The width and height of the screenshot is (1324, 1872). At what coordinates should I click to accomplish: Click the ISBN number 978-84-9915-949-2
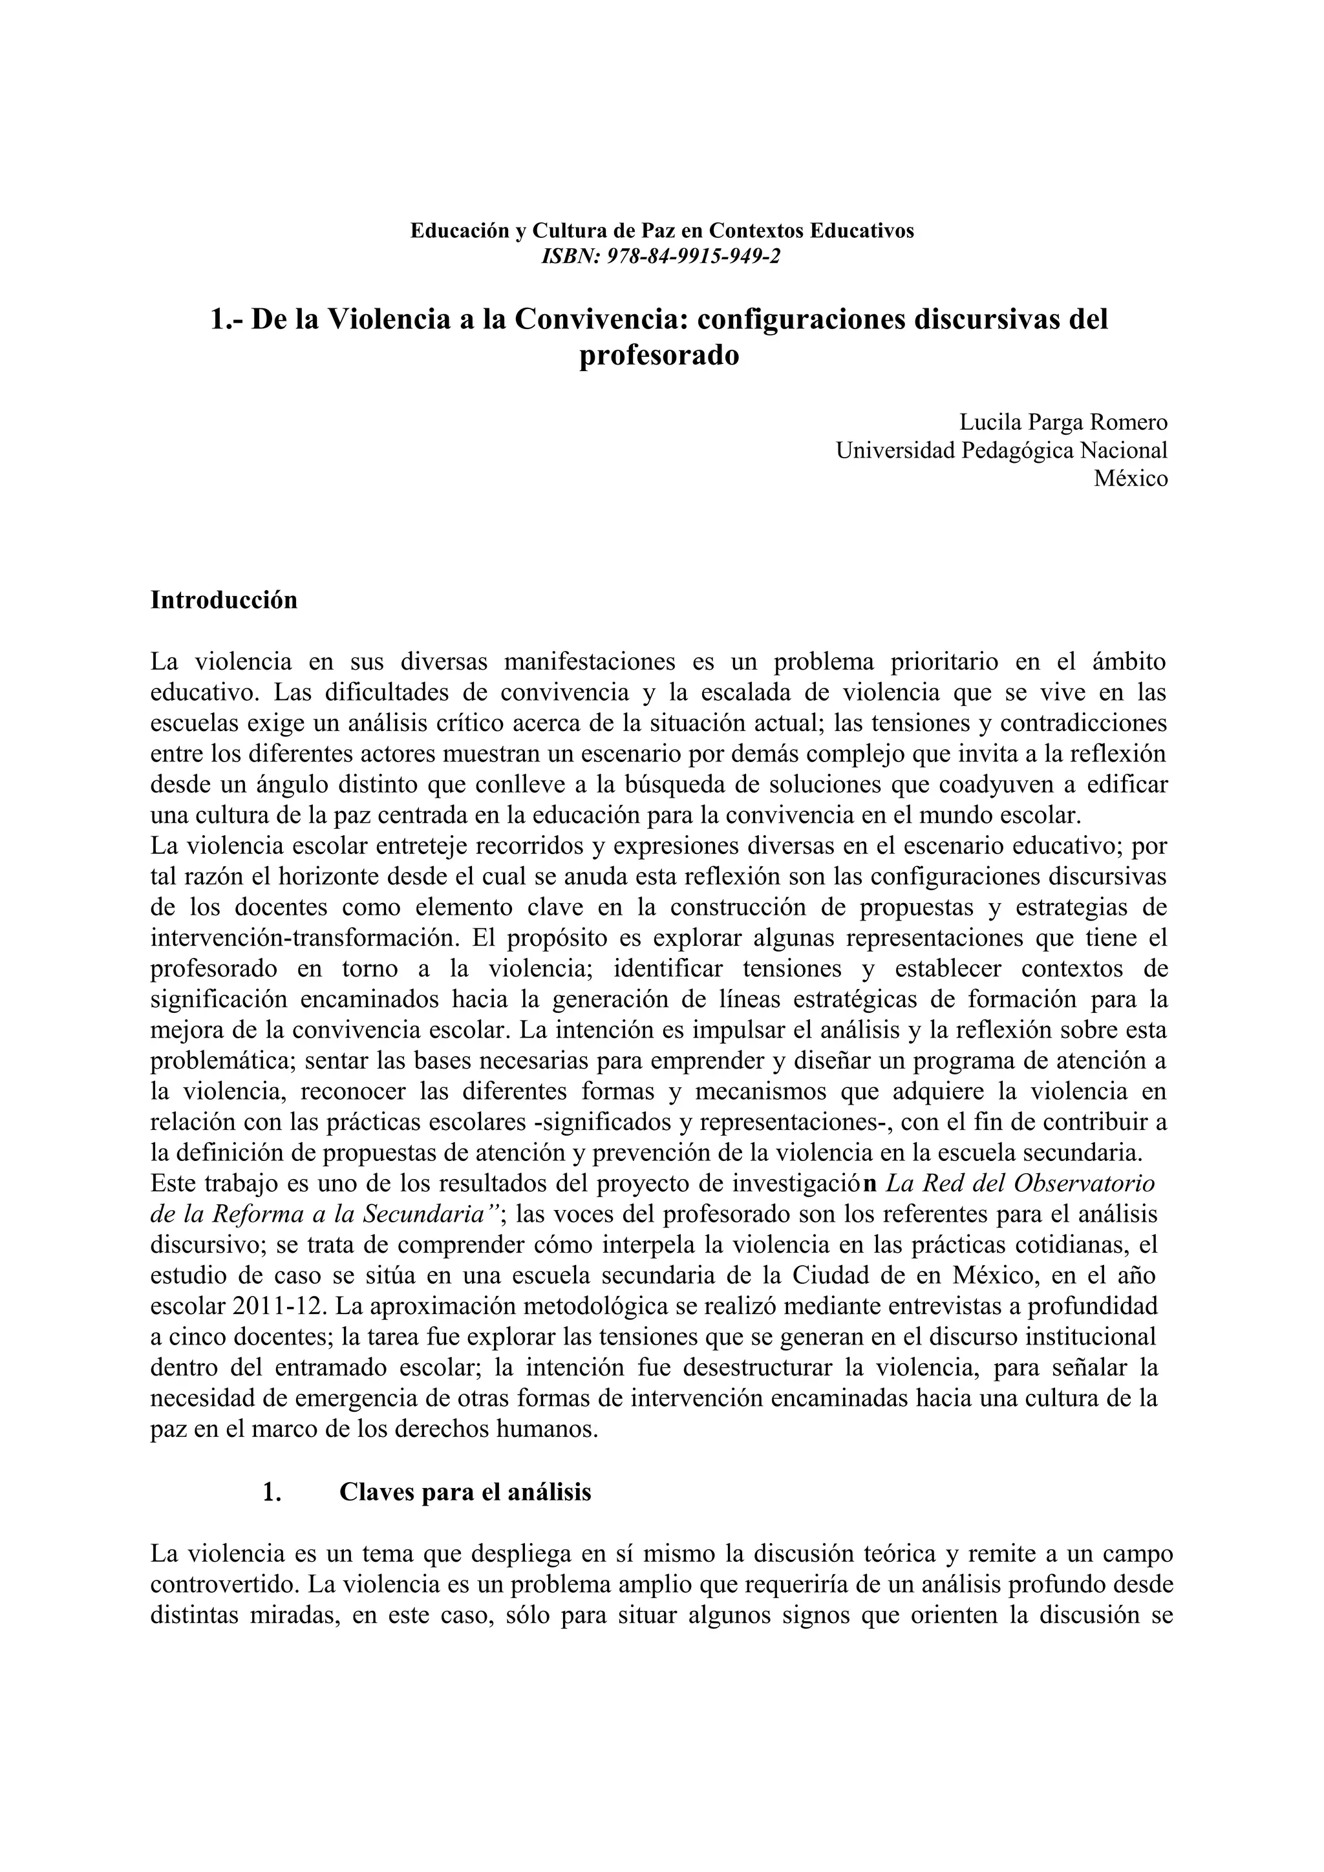[x=694, y=257]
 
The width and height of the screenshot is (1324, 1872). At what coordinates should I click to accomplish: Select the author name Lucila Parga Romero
[x=1062, y=422]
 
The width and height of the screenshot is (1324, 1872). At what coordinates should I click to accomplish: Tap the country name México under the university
[x=1130, y=478]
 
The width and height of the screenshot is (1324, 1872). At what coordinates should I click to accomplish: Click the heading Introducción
[x=224, y=600]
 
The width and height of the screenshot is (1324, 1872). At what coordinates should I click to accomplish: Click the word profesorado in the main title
[x=659, y=356]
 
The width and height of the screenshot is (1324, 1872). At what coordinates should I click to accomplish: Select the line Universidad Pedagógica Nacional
[x=1001, y=450]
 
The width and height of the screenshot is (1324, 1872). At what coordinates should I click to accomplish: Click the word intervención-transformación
[x=303, y=939]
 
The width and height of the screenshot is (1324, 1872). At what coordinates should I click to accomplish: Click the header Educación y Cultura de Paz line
[x=661, y=231]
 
